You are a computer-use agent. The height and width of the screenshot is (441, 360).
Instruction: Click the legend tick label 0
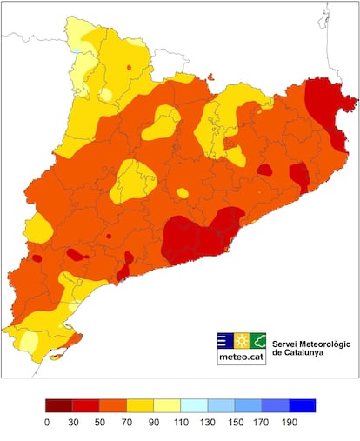(x=46, y=422)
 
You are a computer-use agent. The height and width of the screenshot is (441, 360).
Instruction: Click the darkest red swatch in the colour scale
(x=59, y=405)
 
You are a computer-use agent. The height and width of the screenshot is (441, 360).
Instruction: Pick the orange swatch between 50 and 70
(x=113, y=405)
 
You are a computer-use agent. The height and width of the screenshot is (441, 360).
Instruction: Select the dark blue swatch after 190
(x=302, y=405)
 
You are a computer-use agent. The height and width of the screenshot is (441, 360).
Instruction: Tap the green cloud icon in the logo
(x=258, y=340)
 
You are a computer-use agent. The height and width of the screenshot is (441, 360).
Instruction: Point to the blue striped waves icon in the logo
(x=223, y=340)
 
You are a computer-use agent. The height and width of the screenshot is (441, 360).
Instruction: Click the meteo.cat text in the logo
(x=241, y=357)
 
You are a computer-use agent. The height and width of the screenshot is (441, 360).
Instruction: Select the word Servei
(x=287, y=344)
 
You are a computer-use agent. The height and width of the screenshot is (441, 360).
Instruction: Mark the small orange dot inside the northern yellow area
(x=129, y=67)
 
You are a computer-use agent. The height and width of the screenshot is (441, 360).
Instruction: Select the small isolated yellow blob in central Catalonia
(x=182, y=193)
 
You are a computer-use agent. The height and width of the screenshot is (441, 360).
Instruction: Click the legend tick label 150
(x=235, y=422)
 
